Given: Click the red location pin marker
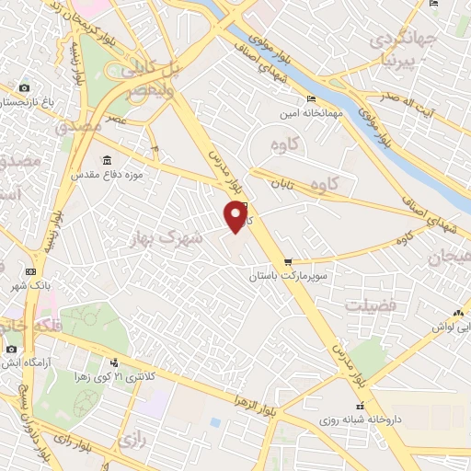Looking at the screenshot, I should coord(237,215).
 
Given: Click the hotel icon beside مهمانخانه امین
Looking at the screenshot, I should coord(312,98).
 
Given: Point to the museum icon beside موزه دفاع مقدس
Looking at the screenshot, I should coord(108,159).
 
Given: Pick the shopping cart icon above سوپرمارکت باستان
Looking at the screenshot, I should coord(290,261).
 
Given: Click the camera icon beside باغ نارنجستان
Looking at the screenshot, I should coord(24,88).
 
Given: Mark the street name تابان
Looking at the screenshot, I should coord(281,184).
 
